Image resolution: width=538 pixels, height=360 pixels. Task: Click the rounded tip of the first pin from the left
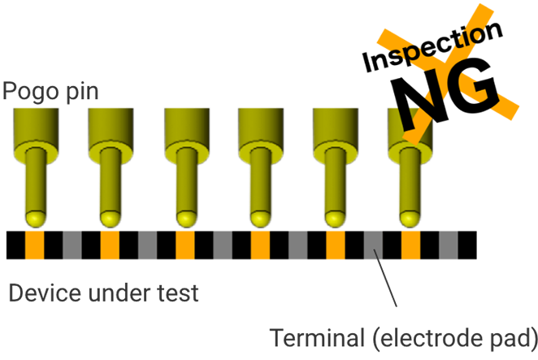(x=37, y=218)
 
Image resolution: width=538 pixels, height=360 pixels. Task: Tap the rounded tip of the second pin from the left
(x=111, y=218)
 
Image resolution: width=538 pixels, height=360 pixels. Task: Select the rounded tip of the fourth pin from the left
(x=260, y=218)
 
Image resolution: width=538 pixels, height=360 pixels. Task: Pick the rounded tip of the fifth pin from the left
(x=334, y=218)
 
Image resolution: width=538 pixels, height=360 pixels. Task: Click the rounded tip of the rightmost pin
(x=408, y=218)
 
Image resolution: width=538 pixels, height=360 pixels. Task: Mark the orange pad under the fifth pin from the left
(x=334, y=252)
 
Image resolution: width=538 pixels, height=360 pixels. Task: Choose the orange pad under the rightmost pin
(x=408, y=252)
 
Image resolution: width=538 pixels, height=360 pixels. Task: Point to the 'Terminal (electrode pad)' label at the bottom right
(x=403, y=335)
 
